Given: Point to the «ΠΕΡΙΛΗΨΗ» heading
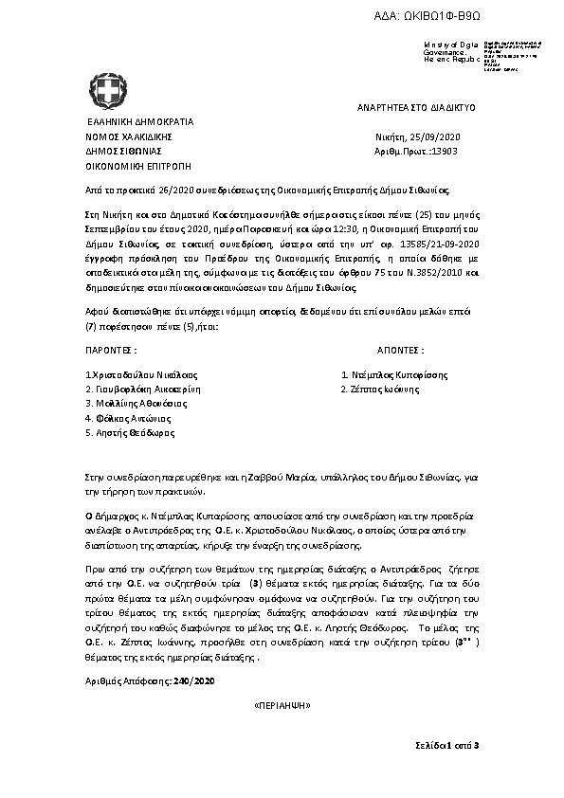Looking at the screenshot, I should [x=283, y=707].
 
